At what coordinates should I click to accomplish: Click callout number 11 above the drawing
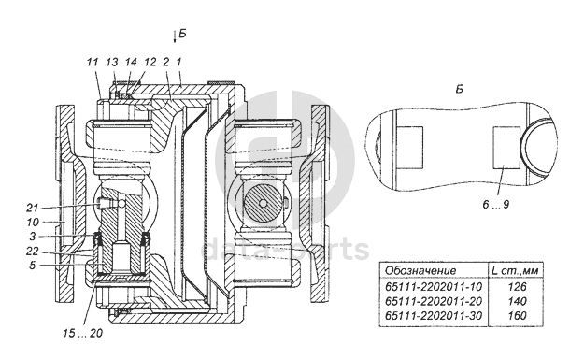point(93,62)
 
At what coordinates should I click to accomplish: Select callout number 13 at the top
point(112,62)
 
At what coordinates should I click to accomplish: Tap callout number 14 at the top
point(131,62)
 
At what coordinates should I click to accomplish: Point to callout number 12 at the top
point(150,62)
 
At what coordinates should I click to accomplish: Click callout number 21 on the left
point(33,208)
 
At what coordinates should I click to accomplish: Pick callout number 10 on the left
point(33,222)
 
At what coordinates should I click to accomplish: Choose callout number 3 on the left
point(33,237)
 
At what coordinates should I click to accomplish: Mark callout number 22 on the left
point(33,251)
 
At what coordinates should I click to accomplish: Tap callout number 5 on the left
point(33,266)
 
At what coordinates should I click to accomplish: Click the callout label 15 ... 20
point(82,333)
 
